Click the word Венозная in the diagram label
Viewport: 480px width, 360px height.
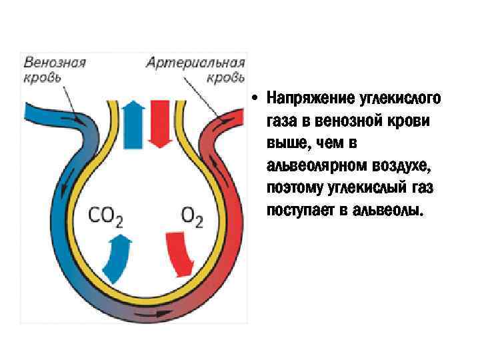click(x=55, y=63)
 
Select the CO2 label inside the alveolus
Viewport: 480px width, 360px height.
click(x=106, y=215)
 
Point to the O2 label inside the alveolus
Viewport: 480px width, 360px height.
click(x=192, y=215)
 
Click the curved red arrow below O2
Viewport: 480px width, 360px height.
click(x=179, y=253)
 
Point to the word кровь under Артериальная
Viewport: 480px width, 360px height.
click(x=225, y=77)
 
